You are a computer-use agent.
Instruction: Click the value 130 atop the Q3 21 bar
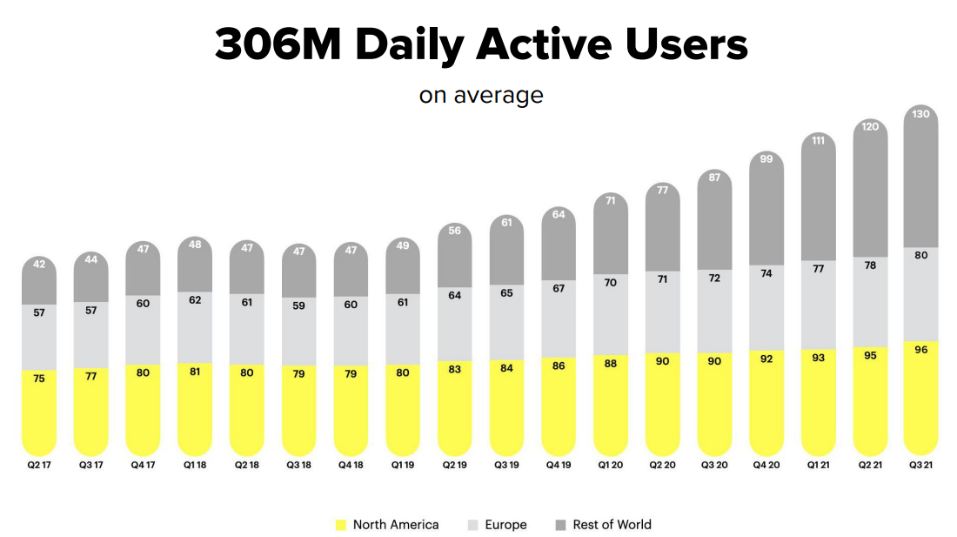pos(921,114)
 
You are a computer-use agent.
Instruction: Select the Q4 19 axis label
pos(559,465)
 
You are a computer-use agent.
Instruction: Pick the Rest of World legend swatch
pos(560,525)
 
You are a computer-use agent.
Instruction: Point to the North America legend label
pos(396,525)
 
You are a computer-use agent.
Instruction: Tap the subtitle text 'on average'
pos(480,94)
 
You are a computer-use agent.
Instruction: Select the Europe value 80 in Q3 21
pos(921,256)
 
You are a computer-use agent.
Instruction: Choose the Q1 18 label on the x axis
pos(195,465)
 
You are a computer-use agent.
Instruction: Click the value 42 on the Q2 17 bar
pos(38,265)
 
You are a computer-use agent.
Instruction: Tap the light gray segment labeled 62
pos(195,326)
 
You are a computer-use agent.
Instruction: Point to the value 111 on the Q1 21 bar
pos(818,140)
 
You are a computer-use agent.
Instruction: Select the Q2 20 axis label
pos(663,465)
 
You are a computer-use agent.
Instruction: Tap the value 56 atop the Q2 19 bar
pos(454,231)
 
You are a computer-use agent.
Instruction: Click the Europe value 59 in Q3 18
pos(298,331)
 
